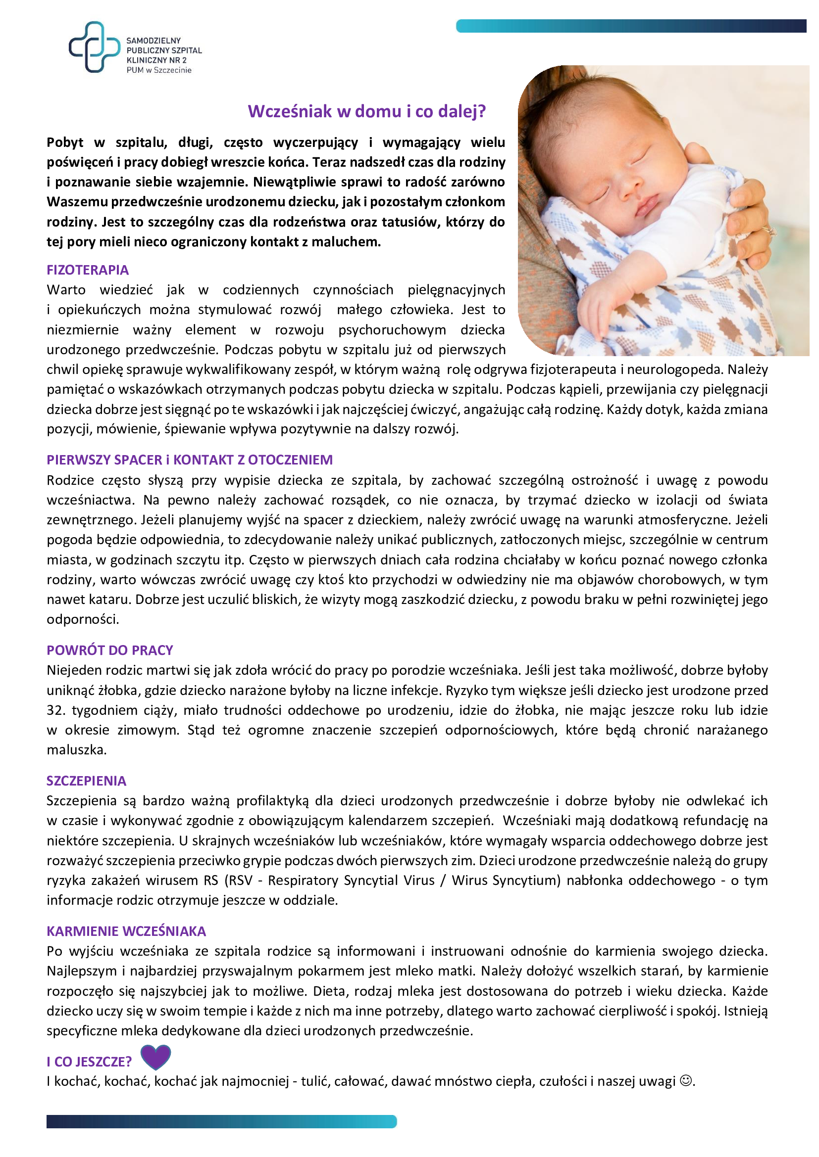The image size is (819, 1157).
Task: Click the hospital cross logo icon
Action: coord(94,47)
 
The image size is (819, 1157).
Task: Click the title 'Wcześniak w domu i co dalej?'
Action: coord(366,111)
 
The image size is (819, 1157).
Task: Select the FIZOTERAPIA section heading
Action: coord(88,270)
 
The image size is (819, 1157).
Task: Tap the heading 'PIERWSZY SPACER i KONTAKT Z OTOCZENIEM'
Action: coord(190,460)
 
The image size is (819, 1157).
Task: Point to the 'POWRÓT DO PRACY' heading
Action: coord(110,650)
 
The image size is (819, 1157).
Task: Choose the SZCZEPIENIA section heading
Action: coord(86,781)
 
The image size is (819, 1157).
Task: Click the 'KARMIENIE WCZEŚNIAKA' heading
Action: coord(126,931)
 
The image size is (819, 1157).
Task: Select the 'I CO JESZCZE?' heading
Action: coord(89,1062)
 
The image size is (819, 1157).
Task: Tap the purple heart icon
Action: coord(155,1057)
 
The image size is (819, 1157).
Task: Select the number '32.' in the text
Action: coord(56,710)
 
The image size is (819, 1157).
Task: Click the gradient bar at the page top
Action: coord(630,26)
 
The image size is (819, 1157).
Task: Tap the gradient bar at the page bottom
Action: coord(221,1122)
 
